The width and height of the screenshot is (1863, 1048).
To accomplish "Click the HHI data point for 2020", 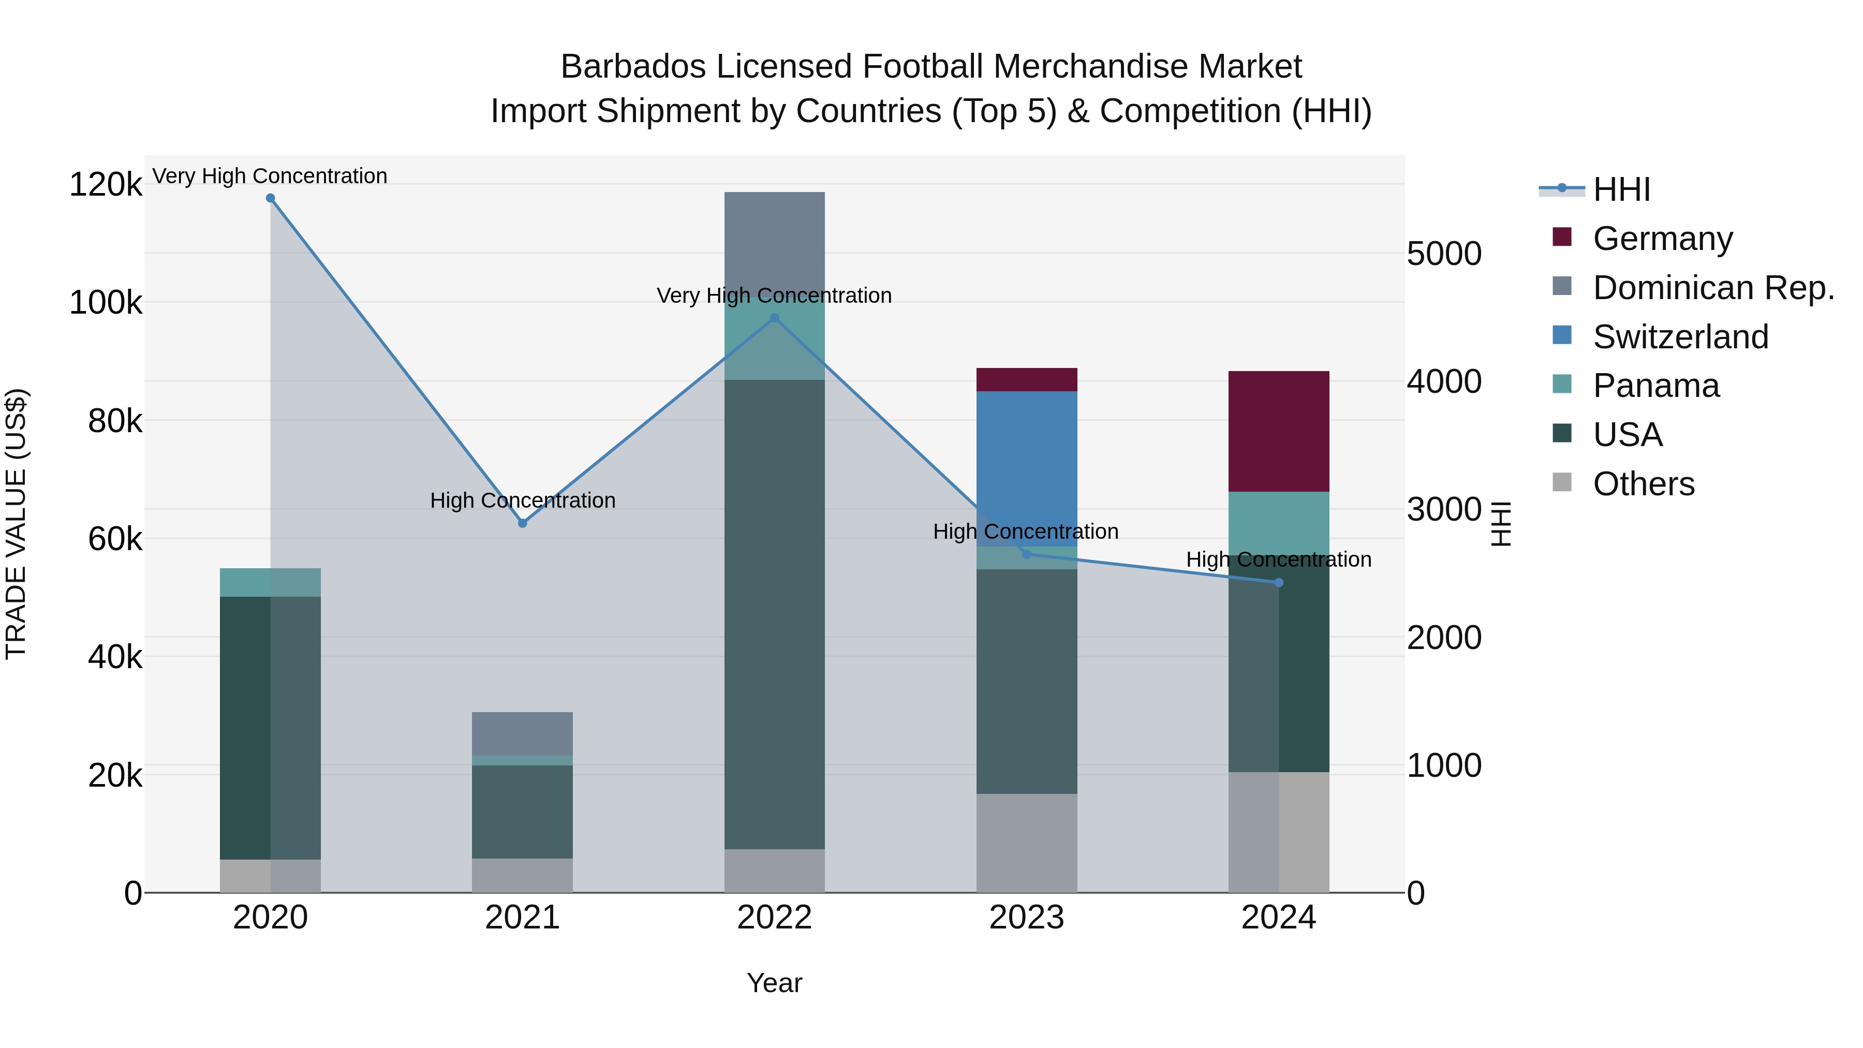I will click(271, 198).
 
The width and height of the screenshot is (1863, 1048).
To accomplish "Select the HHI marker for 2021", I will click(522, 523).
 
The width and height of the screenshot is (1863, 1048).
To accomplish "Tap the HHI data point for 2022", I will click(775, 318).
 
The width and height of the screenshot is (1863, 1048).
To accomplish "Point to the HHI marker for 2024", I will click(1279, 582).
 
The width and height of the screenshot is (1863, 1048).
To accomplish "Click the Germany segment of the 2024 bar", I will click(1279, 432).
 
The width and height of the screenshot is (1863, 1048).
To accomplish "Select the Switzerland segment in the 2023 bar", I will click(1026, 463).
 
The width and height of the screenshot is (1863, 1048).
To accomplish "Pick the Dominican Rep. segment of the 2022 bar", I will click(775, 242).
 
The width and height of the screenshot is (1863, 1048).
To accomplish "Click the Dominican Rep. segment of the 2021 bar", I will click(522, 733).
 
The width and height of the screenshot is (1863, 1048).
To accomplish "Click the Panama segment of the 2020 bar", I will click(271, 582).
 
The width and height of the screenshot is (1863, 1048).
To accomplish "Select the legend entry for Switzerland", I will click(1680, 337).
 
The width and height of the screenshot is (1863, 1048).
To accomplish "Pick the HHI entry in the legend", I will click(1621, 189).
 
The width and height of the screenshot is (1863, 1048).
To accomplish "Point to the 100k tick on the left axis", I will click(106, 302).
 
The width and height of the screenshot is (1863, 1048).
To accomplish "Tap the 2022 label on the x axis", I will click(775, 918).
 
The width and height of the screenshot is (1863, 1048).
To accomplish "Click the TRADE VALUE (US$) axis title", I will click(16, 524).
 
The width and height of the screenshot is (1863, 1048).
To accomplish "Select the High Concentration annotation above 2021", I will click(522, 500).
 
